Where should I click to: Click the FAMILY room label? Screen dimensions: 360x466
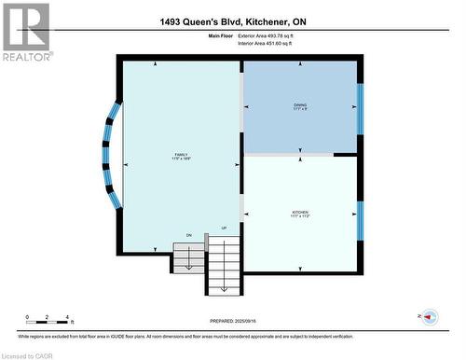tap(180, 157)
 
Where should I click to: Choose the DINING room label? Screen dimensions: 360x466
tap(300, 105)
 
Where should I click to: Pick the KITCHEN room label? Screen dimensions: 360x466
tap(300, 214)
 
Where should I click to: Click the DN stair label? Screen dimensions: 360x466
tap(188, 234)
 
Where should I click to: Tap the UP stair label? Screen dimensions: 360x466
tap(224, 228)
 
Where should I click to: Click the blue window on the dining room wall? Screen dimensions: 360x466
tap(361, 107)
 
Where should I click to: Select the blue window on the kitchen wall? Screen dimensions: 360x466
tap(361, 220)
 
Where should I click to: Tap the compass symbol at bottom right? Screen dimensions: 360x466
tap(430, 317)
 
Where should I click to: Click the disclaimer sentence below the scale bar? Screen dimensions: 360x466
tap(233, 334)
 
